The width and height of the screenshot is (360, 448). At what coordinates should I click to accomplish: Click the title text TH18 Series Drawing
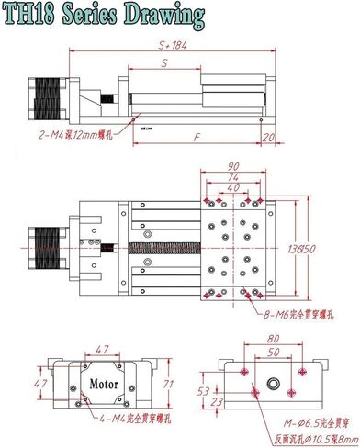point(103,16)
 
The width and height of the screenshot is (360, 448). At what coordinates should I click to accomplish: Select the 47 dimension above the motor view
point(103,351)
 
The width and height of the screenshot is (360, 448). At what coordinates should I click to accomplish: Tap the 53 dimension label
point(204,389)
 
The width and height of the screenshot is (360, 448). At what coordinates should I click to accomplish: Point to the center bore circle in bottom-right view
point(272,379)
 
